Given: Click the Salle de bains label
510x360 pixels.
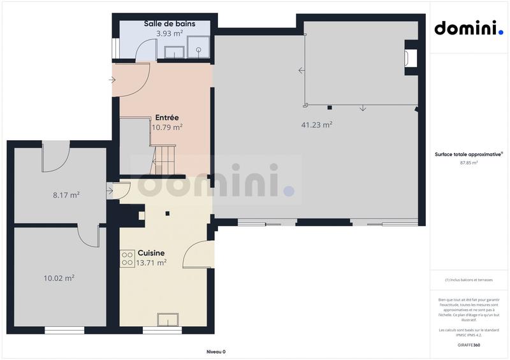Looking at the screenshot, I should pyautogui.click(x=169, y=24).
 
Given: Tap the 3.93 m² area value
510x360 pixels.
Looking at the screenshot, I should pyautogui.click(x=170, y=33).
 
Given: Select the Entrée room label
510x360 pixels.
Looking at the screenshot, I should pyautogui.click(x=166, y=117).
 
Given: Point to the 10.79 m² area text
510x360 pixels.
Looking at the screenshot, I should pyautogui.click(x=167, y=127).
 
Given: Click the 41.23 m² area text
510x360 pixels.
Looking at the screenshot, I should pyautogui.click(x=316, y=125).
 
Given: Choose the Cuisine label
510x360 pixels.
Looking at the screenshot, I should pyautogui.click(x=151, y=252).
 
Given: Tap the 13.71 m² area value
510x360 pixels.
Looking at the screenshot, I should pyautogui.click(x=152, y=262).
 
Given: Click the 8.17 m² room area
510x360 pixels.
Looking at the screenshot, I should pyautogui.click(x=66, y=195).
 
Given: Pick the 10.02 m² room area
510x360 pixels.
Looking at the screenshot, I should pyautogui.click(x=59, y=277).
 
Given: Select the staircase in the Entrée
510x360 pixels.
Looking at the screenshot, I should pyautogui.click(x=164, y=160).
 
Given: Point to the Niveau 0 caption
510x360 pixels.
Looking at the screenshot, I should pyautogui.click(x=215, y=352).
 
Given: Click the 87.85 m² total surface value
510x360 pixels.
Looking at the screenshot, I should pyautogui.click(x=469, y=162).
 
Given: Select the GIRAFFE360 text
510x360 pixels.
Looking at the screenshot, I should pyautogui.click(x=469, y=345).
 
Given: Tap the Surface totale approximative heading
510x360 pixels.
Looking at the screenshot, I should pyautogui.click(x=469, y=154).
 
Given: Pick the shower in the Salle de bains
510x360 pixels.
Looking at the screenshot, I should pyautogui.click(x=198, y=45).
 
